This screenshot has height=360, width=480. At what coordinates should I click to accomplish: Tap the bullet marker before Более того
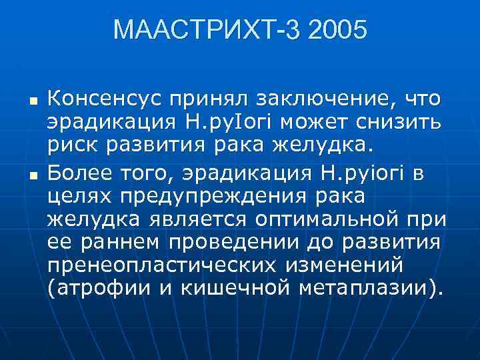[32, 176]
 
